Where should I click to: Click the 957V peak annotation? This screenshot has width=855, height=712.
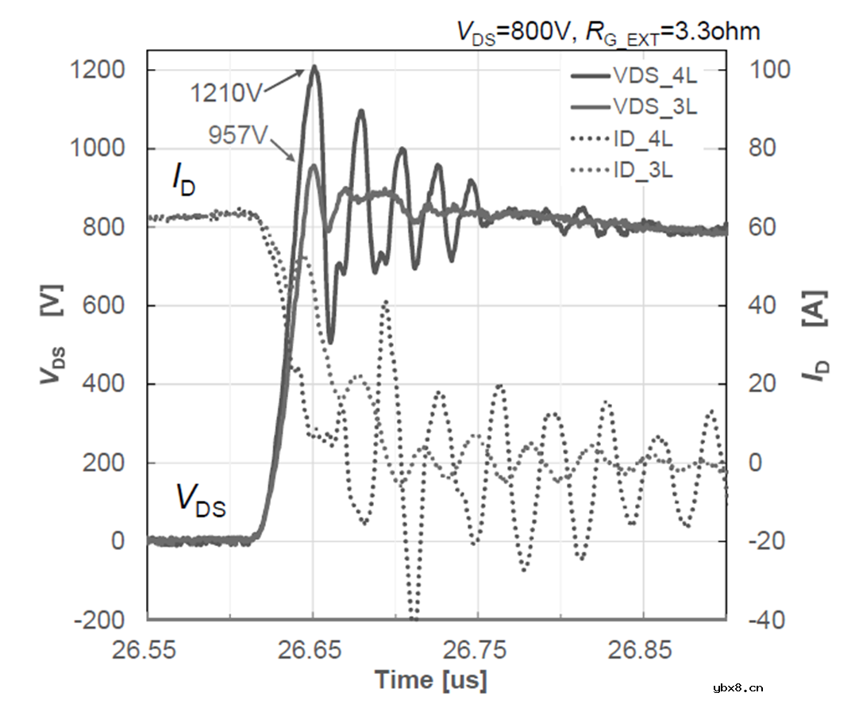pos(239,134)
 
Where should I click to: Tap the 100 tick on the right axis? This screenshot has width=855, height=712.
pos(770,71)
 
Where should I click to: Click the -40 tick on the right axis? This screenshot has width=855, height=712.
pos(768,619)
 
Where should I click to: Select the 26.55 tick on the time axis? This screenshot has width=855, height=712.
pos(148,650)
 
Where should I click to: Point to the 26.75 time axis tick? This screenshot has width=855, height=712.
pos(478,650)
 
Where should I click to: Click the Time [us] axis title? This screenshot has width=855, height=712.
pos(431,680)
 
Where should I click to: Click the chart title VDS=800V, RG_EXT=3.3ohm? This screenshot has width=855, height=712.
pos(608,31)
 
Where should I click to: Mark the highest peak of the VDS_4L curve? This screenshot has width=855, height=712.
pos(314,67)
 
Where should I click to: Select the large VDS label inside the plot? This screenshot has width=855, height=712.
pos(200,500)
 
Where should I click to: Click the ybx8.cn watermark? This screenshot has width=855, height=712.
pos(738,688)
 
